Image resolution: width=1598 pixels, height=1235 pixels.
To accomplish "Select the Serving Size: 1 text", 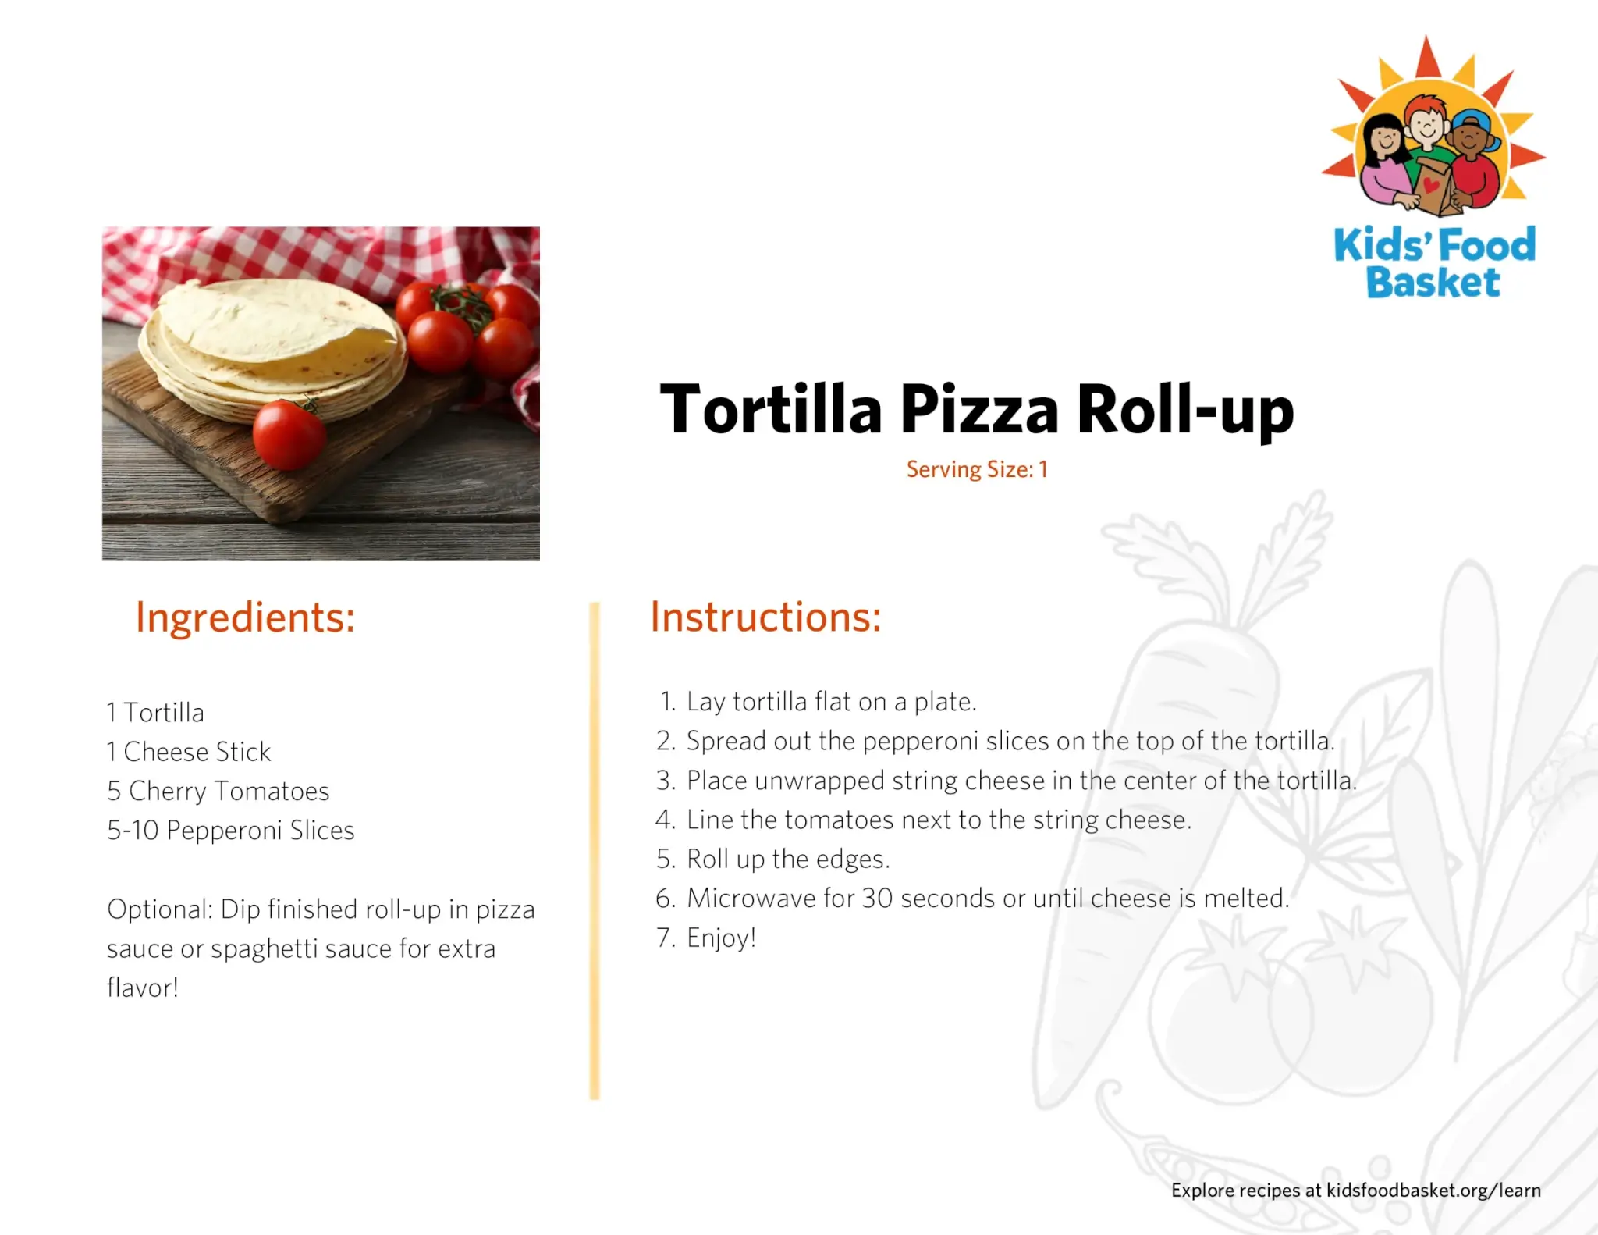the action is pyautogui.click(x=977, y=469).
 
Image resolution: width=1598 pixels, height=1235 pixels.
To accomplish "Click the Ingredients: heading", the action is pyautogui.click(x=245, y=618).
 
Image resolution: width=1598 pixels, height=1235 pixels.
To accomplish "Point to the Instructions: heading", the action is pyautogui.click(x=766, y=617).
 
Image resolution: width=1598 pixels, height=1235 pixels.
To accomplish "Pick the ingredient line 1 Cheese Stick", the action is pyautogui.click(x=189, y=752).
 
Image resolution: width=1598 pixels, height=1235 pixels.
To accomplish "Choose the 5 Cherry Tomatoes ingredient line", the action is pyautogui.click(x=218, y=792).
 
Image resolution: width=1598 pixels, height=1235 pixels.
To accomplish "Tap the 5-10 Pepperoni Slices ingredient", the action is pyautogui.click(x=231, y=831).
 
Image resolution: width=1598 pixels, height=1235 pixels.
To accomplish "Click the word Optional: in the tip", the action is pyautogui.click(x=160, y=909).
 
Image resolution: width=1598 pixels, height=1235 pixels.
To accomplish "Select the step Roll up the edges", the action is pyautogui.click(x=788, y=860).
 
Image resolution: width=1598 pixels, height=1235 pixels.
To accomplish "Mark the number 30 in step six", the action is pyautogui.click(x=877, y=899).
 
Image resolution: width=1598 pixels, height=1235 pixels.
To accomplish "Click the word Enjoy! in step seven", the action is pyautogui.click(x=722, y=938).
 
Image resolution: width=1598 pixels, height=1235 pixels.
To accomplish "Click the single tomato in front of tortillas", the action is pyautogui.click(x=289, y=434).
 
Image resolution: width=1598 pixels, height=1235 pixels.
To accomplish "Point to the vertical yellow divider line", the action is pyautogui.click(x=595, y=851).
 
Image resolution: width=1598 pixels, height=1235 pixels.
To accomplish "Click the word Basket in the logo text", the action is pyautogui.click(x=1433, y=283).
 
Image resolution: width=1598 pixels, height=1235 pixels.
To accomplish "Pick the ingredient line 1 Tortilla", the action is pyautogui.click(x=155, y=713).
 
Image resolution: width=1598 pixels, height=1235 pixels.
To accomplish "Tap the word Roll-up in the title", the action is pyautogui.click(x=1185, y=410).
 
